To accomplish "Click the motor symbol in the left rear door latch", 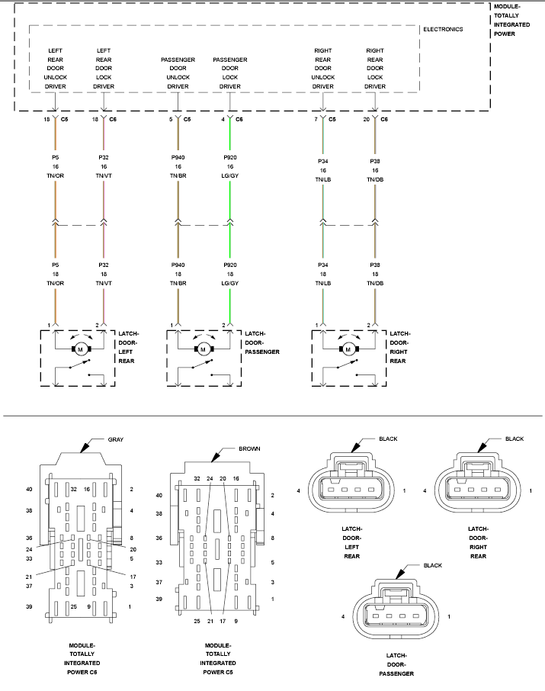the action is [x=80, y=349].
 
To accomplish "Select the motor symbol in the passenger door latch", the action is [x=203, y=349].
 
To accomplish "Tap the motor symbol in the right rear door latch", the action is [x=348, y=349].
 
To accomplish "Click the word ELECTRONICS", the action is [x=443, y=29].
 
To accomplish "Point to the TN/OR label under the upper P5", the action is [x=56, y=175].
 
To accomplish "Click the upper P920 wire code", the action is [x=230, y=157].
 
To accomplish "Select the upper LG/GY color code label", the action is [x=230, y=175].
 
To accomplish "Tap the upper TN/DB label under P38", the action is [x=375, y=179].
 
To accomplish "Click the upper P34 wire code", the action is [x=323, y=161].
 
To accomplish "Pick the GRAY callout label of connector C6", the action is [x=115, y=439].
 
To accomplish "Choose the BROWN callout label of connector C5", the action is [x=249, y=448].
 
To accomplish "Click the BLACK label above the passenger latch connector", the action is [x=433, y=565].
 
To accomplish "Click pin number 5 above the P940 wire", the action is [x=171, y=119].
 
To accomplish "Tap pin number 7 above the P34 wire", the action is [x=316, y=119].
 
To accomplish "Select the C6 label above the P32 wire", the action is [x=113, y=119].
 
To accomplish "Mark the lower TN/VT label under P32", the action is [x=104, y=283].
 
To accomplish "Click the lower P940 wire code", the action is [x=178, y=265].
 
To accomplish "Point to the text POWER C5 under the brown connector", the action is [x=218, y=672].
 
